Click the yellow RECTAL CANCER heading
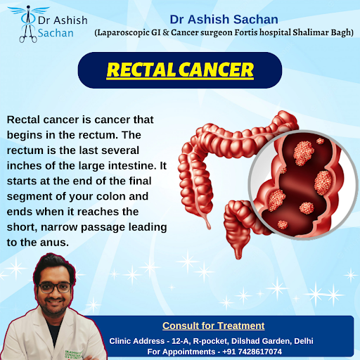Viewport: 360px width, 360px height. [180, 70]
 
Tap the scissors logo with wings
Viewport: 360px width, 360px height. [28, 24]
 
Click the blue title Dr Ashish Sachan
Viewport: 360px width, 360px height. [224, 19]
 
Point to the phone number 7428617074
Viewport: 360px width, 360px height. [259, 352]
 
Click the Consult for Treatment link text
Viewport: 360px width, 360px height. [214, 326]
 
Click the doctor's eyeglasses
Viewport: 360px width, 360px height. [55, 288]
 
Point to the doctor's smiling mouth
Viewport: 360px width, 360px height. [54, 301]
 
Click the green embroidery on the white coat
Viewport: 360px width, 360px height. [73, 354]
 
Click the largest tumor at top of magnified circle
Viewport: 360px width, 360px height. [304, 153]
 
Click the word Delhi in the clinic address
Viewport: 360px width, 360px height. [304, 341]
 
